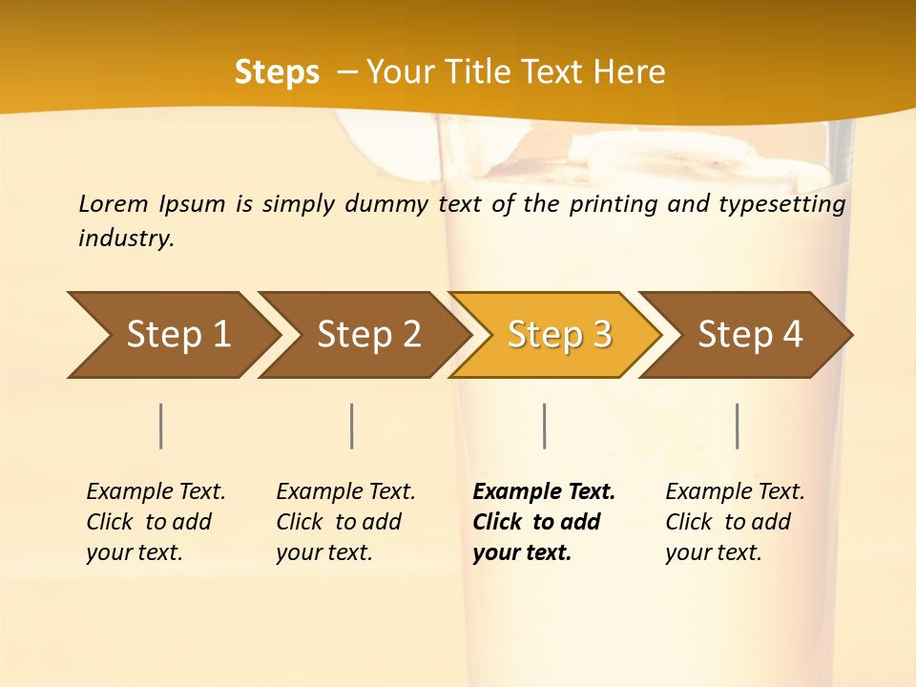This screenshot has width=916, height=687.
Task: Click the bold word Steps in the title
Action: [277, 73]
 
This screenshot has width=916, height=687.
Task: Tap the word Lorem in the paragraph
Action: [114, 203]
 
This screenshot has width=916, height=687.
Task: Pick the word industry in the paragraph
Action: [126, 238]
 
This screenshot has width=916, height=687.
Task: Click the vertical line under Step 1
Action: [161, 426]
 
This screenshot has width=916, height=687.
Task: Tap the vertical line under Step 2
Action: [352, 426]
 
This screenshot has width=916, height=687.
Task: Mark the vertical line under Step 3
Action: [544, 426]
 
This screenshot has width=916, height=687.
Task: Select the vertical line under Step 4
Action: [737, 426]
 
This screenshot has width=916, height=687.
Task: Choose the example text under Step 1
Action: [156, 522]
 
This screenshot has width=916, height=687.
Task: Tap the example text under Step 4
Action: [735, 522]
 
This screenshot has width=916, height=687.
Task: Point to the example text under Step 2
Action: [345, 522]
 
